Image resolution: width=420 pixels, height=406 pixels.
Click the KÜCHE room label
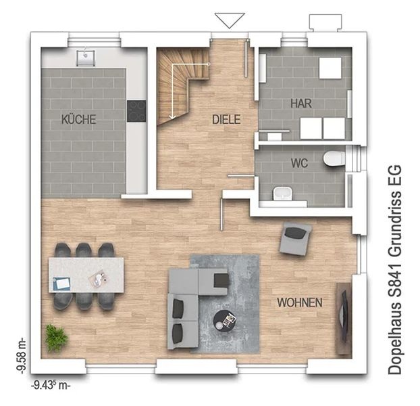[x=79, y=119]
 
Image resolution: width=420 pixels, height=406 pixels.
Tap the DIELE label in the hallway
[x=226, y=119]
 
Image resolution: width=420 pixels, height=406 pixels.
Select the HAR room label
[x=301, y=104]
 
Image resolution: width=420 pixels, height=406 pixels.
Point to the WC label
[x=299, y=163]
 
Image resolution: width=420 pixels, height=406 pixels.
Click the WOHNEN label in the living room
[x=300, y=302]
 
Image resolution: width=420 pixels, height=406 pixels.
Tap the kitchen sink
[x=86, y=58]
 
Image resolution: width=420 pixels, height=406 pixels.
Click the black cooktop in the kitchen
[x=136, y=111]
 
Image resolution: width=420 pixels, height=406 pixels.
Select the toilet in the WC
[x=334, y=158]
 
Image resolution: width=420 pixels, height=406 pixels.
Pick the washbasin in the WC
[x=282, y=194]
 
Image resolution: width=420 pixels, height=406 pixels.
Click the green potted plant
[x=56, y=338]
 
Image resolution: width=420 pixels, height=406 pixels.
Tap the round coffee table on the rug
[x=225, y=320]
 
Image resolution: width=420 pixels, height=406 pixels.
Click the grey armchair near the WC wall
[x=296, y=239]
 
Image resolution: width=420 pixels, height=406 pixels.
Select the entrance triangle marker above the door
[x=230, y=20]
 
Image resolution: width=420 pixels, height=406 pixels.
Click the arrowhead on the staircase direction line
[x=172, y=116]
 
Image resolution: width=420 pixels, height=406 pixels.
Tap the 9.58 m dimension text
[x=22, y=355]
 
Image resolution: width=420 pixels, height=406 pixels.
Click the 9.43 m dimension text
[x=51, y=386]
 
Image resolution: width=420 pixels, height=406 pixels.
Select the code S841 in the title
[x=395, y=280]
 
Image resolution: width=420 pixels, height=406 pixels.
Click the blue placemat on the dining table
[x=62, y=284]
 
